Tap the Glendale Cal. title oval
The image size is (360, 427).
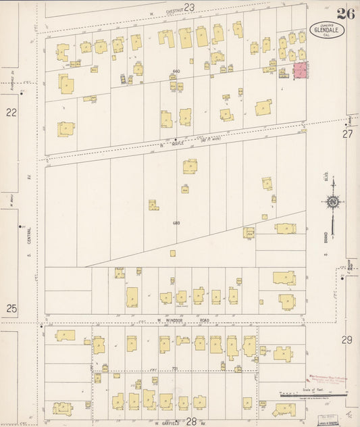pyautogui.click(x=327, y=28)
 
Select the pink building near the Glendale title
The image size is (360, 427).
pyautogui.click(x=299, y=71)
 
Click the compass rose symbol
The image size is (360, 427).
pyautogui.click(x=332, y=201)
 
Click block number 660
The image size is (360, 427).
pyautogui.click(x=176, y=72)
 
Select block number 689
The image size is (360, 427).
pyautogui.click(x=176, y=222)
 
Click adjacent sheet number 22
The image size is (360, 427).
pyautogui.click(x=11, y=113)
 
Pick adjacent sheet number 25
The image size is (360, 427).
pyautogui.click(x=11, y=308)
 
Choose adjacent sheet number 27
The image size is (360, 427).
pyautogui.click(x=347, y=134)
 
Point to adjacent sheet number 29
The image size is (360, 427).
pyautogui.click(x=346, y=339)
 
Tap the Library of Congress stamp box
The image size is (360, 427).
pyautogui.click(x=329, y=419)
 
